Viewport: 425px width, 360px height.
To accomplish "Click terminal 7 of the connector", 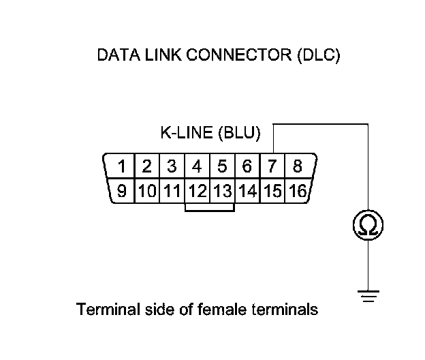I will tap(272, 166).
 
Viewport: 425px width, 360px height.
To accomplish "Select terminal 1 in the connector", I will tap(121, 166).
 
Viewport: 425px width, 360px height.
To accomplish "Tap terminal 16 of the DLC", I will tap(297, 191).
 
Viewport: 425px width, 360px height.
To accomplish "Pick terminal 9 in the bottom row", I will tap(122, 191).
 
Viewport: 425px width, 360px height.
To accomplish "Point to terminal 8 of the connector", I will tap(297, 166).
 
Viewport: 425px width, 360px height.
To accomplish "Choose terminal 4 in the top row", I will tap(197, 166).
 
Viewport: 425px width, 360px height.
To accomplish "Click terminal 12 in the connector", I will tap(198, 191).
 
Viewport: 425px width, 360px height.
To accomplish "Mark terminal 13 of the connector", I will tap(222, 191).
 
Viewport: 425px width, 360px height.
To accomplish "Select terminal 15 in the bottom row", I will tap(272, 191).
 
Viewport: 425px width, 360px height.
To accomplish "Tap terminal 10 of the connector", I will tap(146, 191).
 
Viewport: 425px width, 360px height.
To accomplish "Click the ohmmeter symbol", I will tap(368, 224).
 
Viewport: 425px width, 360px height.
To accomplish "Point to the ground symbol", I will tap(368, 295).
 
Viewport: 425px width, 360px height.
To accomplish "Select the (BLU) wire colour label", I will tap(239, 133).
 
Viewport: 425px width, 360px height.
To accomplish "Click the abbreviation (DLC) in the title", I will tap(318, 55).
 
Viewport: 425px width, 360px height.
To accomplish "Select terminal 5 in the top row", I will tap(222, 166).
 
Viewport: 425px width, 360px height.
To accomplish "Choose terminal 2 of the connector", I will tap(146, 166).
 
